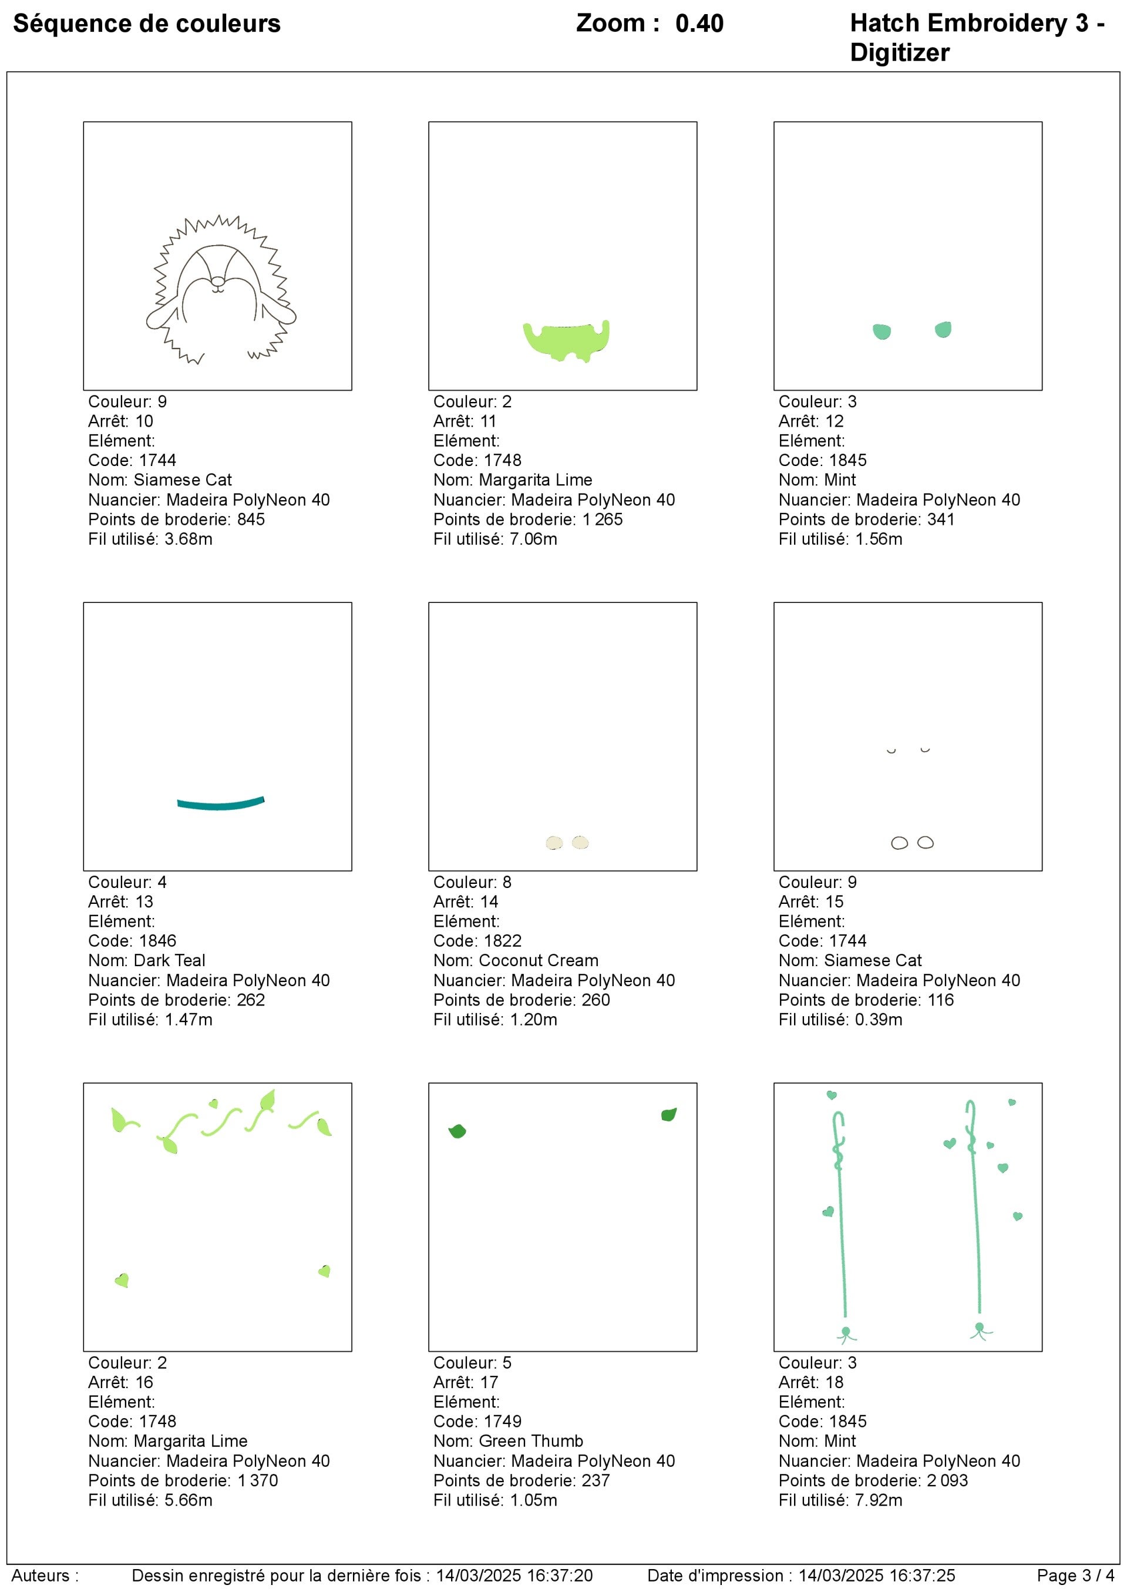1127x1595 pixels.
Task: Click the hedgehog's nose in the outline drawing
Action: (x=217, y=282)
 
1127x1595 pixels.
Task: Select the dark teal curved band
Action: (x=220, y=805)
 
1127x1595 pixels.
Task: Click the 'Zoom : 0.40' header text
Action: (x=650, y=24)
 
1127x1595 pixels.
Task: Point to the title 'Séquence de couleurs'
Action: (x=146, y=24)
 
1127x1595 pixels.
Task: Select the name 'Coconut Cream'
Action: (x=538, y=960)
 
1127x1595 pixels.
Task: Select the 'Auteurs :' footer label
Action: (x=45, y=1576)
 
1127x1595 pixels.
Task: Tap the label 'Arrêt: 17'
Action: (x=465, y=1382)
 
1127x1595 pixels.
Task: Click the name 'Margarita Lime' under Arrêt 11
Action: (x=536, y=480)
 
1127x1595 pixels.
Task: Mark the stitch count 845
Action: (x=251, y=519)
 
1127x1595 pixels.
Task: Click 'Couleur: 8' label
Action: (x=472, y=882)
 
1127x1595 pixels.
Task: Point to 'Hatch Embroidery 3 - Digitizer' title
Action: (x=975, y=38)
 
